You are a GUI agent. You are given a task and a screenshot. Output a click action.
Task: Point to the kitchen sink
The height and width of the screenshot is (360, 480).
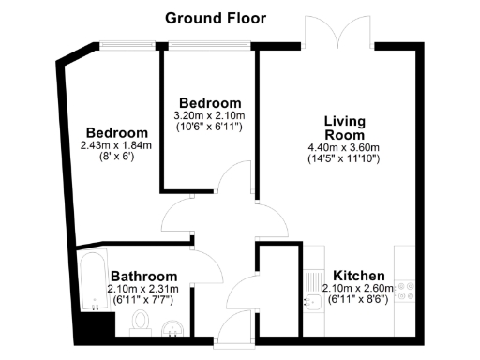tap(314, 301)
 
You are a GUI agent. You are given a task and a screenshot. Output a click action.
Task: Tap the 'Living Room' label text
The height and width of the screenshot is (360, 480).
tap(344, 127)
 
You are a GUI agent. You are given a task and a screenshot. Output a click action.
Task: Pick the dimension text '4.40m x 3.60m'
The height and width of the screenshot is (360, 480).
tap(344, 147)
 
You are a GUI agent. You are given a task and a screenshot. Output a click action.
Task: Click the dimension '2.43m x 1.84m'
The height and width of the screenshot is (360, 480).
tap(117, 145)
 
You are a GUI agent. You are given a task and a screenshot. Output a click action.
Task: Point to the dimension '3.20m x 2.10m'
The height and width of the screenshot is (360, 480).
tap(210, 115)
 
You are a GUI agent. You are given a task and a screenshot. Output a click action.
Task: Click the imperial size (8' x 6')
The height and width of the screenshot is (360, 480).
tap(117, 157)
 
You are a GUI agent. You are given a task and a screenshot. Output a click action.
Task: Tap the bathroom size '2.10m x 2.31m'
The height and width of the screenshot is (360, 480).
tap(150, 289)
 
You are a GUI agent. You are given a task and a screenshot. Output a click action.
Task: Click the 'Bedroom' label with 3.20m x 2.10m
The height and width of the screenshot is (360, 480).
tap(210, 102)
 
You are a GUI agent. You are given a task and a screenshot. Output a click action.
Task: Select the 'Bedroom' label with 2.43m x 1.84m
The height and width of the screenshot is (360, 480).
tap(117, 132)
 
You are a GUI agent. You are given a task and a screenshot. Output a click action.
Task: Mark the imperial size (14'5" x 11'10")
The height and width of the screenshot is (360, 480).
tap(344, 159)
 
